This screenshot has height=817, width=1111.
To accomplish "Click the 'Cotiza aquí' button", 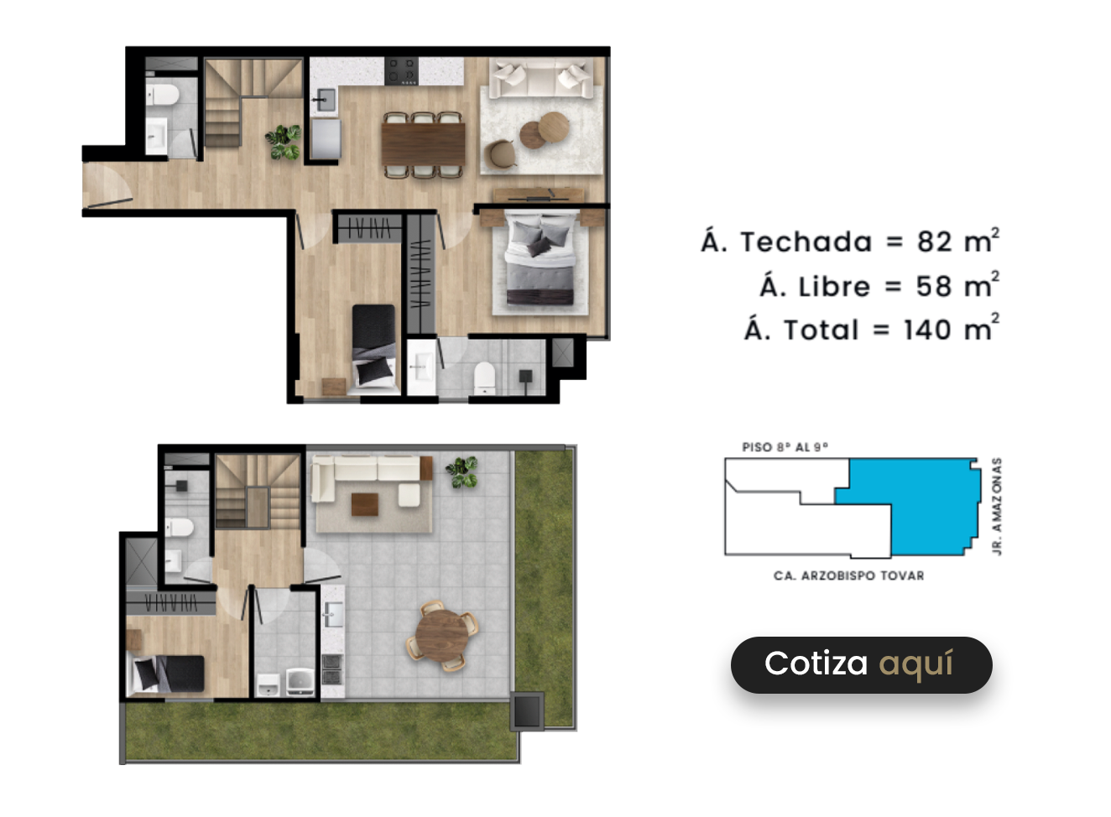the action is coord(862,665).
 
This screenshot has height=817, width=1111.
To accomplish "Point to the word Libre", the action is coord(835,287).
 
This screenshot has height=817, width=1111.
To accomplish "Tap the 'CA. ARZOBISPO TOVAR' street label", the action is coord(848,575).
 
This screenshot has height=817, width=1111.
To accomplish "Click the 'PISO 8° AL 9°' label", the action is coord(785,447).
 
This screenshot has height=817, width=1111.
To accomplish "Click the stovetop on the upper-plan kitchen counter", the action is coord(401,71).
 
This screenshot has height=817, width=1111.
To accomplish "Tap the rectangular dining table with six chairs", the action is coord(423,144).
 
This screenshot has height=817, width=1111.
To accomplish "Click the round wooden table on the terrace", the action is coord(442,636).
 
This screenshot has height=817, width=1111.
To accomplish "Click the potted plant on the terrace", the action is coord(462,472).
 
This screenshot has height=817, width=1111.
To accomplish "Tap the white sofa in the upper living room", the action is coord(541,78).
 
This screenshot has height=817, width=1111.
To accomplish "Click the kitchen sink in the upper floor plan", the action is coord(325,100).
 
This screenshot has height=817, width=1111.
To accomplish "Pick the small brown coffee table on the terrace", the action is coord(365,505).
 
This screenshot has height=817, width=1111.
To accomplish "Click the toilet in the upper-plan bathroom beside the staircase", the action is coord(162,95).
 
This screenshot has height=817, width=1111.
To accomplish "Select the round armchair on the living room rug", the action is coord(502,154).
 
